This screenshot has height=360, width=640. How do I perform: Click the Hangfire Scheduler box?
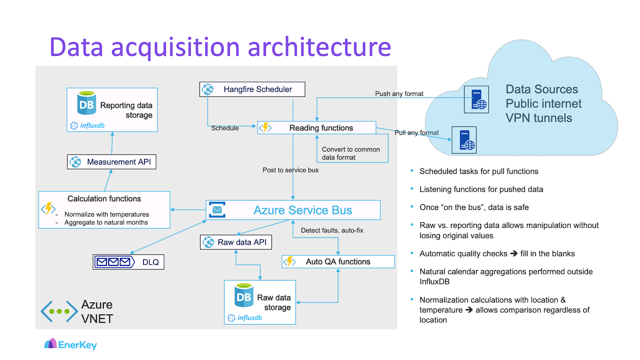point(252,89)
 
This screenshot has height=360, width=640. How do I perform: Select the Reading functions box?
point(316,128)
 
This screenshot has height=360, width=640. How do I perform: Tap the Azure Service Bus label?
point(303,210)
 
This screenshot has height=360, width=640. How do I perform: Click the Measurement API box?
point(112,162)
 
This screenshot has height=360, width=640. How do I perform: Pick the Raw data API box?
point(236,242)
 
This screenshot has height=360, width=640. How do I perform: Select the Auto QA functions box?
point(338,262)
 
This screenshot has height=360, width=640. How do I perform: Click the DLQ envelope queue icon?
point(114,262)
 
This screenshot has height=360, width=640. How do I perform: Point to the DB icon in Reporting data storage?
point(86,103)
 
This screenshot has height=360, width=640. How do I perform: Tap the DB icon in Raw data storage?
point(244,296)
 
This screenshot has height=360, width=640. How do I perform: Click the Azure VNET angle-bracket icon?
point(59,311)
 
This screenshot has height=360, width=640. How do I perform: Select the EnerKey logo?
point(70,344)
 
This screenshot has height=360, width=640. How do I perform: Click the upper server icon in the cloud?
point(476,100)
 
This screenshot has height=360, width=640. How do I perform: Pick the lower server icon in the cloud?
point(464,140)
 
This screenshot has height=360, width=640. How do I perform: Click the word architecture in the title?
point(319,47)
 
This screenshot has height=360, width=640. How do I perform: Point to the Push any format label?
point(399,94)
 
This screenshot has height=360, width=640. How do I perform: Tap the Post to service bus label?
point(290,170)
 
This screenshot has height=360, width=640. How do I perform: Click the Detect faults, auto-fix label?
point(332,230)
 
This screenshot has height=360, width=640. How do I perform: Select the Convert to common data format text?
point(351,153)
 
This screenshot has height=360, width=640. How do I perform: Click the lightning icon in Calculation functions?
point(48,209)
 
